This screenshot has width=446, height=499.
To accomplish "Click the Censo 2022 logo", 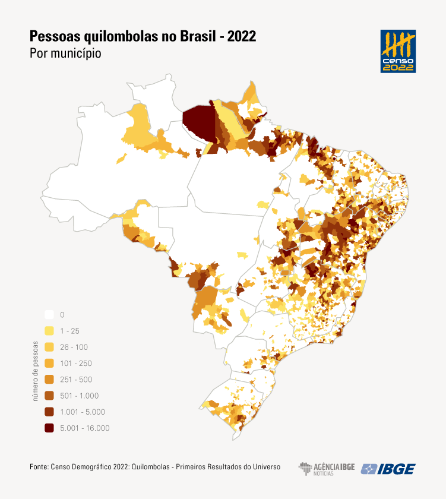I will click(x=398, y=51).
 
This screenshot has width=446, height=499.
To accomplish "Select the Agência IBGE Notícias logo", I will click(x=326, y=468).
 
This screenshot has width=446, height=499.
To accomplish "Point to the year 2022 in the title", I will click(x=241, y=36).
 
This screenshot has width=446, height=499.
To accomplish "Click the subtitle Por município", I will click(x=65, y=53).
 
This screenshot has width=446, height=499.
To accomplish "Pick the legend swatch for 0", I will click(x=49, y=315).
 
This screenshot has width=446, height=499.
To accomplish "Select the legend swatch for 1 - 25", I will click(x=49, y=331).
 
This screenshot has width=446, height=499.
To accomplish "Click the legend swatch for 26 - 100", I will click(x=49, y=347).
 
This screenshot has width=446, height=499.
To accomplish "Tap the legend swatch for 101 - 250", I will click(x=49, y=363).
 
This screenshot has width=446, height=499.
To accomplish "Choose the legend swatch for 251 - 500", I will click(x=49, y=380).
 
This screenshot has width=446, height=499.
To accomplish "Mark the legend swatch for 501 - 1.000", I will click(x=49, y=396).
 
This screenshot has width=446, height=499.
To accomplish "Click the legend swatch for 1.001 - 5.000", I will click(x=49, y=412).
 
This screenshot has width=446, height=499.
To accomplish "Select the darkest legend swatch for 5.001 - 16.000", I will click(x=49, y=428).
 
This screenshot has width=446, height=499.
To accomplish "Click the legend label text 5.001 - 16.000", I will click(x=85, y=428).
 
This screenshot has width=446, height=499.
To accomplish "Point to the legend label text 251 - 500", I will click(x=76, y=380).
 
